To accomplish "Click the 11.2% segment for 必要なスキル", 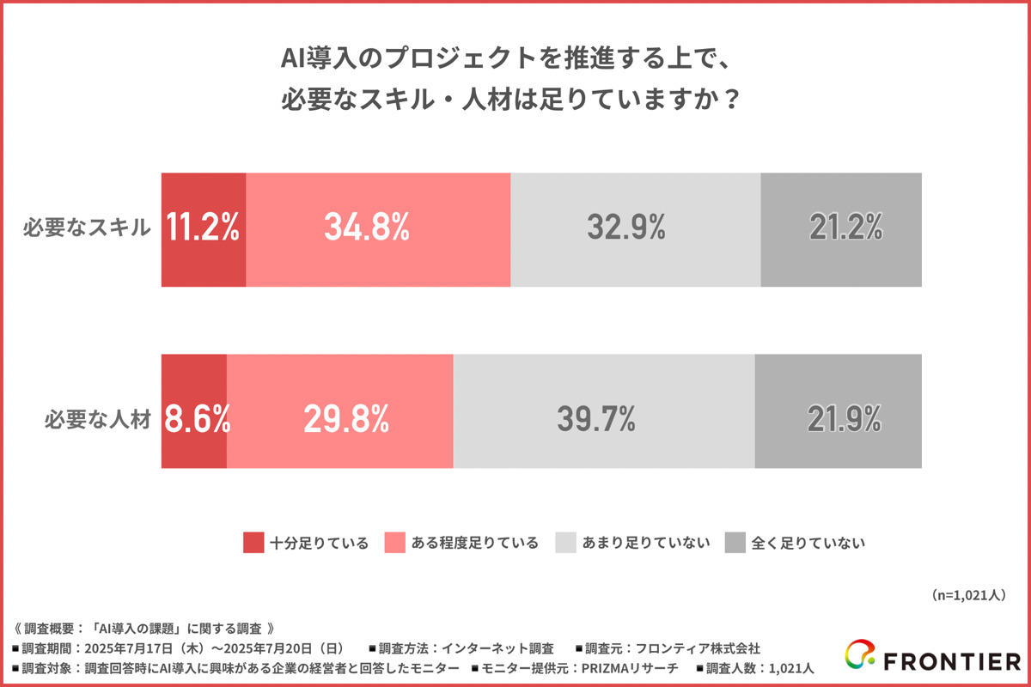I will (x=204, y=229).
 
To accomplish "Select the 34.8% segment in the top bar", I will (x=378, y=229).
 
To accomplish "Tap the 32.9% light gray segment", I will (x=636, y=229).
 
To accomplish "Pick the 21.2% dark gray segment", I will (x=841, y=229).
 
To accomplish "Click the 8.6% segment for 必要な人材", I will (x=194, y=411).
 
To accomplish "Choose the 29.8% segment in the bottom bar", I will (x=340, y=411).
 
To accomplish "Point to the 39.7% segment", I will (x=604, y=411).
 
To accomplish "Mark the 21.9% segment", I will (x=839, y=411).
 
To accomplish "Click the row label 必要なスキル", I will (x=88, y=229).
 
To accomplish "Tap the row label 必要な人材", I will (x=98, y=421).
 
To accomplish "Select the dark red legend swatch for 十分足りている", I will (x=253, y=543).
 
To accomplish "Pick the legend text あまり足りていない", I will (x=646, y=543).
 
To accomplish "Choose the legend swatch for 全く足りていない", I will (x=735, y=543).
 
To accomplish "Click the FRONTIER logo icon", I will (x=860, y=657).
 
